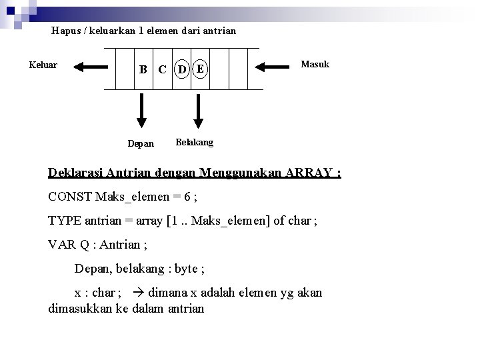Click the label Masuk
[x=315, y=64]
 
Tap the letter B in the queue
[x=143, y=69]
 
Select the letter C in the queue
[x=161, y=69]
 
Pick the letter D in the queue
[x=182, y=69]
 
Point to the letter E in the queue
[x=199, y=68]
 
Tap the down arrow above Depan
[x=141, y=109]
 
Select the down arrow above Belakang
[x=197, y=109]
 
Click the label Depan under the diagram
[x=141, y=143]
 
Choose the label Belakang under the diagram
[x=194, y=142]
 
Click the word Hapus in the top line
[x=65, y=31]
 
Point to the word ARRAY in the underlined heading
[x=311, y=173]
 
